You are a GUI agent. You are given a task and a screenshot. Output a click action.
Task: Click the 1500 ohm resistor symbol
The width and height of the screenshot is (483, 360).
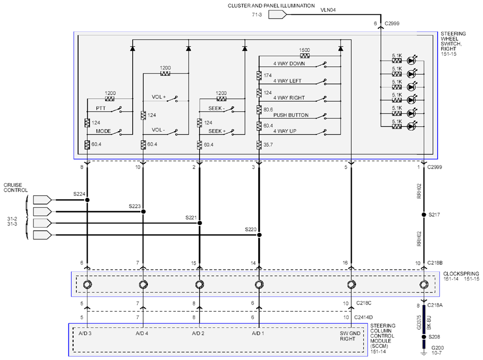click(x=304, y=56)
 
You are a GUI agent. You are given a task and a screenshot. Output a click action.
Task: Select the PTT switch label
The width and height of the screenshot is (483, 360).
click(x=100, y=108)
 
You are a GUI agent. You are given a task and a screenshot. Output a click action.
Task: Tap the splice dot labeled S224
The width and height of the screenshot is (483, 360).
click(x=87, y=200)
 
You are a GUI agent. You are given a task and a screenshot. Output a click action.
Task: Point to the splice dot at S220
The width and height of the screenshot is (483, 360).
click(x=260, y=235)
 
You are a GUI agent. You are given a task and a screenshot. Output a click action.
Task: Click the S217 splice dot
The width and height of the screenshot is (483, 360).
click(x=424, y=214)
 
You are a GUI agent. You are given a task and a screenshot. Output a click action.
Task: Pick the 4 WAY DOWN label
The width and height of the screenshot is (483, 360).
click(x=289, y=64)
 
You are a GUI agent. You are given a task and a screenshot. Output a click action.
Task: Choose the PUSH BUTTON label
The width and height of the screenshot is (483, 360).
click(x=291, y=115)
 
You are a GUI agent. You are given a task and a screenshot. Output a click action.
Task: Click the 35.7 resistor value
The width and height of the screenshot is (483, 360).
click(x=268, y=145)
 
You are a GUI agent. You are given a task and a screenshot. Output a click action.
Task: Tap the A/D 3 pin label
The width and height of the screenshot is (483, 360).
click(x=85, y=333)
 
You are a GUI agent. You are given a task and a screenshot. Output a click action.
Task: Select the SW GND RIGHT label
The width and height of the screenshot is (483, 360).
click(x=350, y=336)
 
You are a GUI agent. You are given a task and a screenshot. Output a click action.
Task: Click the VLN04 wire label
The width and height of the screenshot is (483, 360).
click(x=328, y=10)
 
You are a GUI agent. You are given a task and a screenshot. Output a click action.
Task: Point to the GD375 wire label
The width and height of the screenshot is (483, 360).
click(x=419, y=322)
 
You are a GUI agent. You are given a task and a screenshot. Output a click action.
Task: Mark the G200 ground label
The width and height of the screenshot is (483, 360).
click(x=437, y=348)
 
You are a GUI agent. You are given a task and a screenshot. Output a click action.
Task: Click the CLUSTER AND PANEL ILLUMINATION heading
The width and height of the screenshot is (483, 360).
click(x=271, y=5)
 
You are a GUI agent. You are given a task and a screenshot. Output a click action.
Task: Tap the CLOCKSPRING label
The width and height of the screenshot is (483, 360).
click(x=461, y=274)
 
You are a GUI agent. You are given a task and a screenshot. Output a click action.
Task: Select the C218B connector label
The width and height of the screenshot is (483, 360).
click(x=435, y=263)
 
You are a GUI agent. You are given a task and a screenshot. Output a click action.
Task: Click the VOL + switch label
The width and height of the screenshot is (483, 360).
click(x=159, y=97)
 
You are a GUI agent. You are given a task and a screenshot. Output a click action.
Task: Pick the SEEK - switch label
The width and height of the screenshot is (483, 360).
click(x=217, y=108)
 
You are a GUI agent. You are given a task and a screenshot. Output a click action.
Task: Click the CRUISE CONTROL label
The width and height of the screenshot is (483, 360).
click(x=16, y=188)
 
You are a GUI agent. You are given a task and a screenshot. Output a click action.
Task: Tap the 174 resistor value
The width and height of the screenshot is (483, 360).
click(x=268, y=76)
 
